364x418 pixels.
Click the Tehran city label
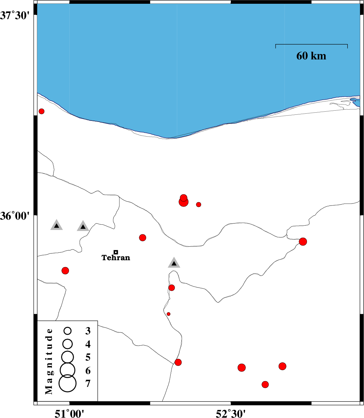pyautogui.click(x=116, y=258)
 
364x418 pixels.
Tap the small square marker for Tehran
pyautogui.click(x=116, y=252)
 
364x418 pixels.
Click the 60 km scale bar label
pyautogui.click(x=311, y=56)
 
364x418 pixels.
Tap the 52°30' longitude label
pyautogui.click(x=231, y=414)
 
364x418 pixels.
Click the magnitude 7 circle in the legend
pyautogui.click(x=68, y=383)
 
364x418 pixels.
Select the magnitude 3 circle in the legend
pyautogui.click(x=68, y=331)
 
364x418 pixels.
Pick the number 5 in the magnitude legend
pyautogui.click(x=88, y=357)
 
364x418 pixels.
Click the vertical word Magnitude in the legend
pyautogui.click(x=50, y=361)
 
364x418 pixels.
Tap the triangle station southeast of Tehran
pyautogui.click(x=174, y=263)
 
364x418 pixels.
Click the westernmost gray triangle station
pyautogui.click(x=57, y=225)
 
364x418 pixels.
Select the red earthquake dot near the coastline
pyautogui.click(x=42, y=111)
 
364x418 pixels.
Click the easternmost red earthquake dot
pyautogui.click(x=303, y=242)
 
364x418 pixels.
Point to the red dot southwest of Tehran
pyautogui.click(x=65, y=271)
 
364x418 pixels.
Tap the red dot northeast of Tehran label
pyautogui.click(x=143, y=238)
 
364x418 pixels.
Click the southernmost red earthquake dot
pyautogui.click(x=265, y=385)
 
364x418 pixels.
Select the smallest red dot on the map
pyautogui.click(x=169, y=314)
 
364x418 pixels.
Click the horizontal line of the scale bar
pyautogui.click(x=311, y=44)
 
